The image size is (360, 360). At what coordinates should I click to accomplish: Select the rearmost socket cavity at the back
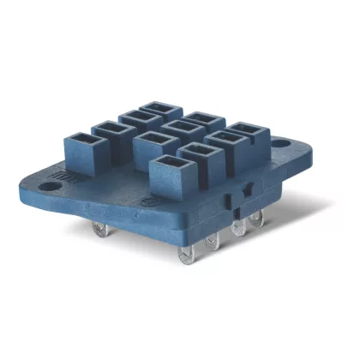pyautogui.click(x=160, y=110)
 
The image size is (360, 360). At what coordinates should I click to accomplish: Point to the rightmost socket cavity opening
pyautogui.click(x=245, y=130)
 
